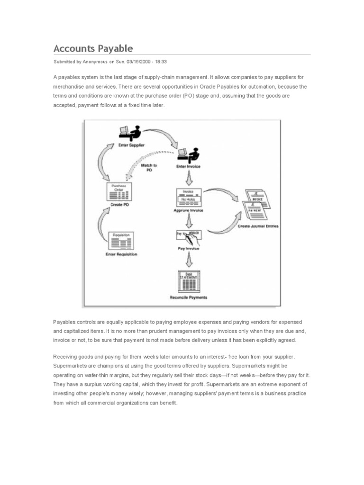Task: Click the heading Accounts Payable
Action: point(93,48)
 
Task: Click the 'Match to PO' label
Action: point(149,168)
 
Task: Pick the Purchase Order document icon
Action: point(119,191)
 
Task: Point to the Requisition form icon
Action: point(121,240)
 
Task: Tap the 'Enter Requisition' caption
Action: point(121,254)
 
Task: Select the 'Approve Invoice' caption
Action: point(189,210)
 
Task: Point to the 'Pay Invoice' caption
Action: point(189,248)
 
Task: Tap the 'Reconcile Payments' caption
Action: point(189,297)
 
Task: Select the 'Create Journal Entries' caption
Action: point(258,226)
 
